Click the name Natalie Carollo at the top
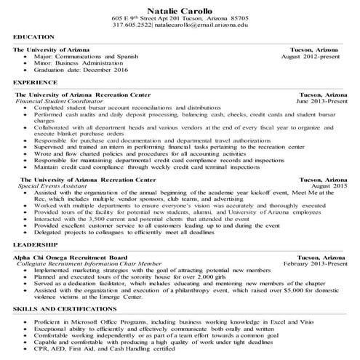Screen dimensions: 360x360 coord(180,8)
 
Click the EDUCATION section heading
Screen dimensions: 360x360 coord(33,36)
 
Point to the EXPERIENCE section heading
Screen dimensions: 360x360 coord(34,84)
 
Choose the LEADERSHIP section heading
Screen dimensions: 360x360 coord(34,246)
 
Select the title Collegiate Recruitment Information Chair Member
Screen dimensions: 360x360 coord(90,263)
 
